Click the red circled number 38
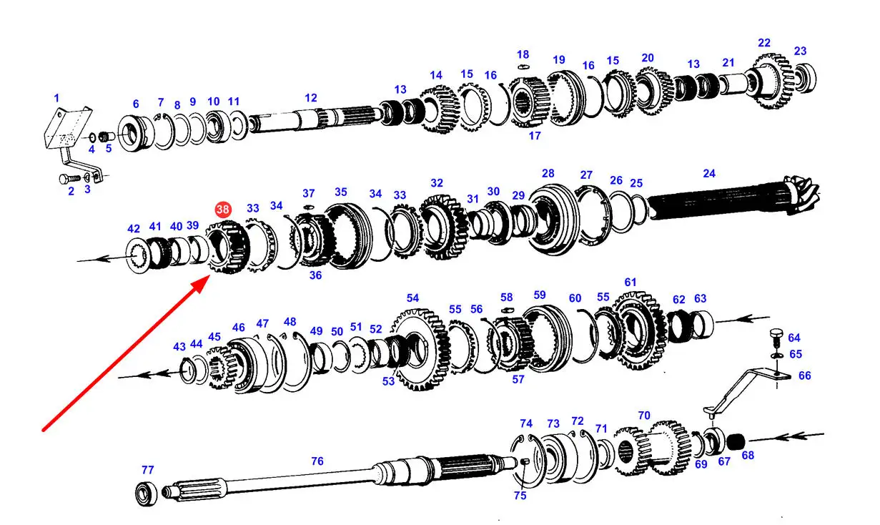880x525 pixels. pos(223,210)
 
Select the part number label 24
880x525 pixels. pos(709,173)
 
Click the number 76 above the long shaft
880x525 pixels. pos(317,461)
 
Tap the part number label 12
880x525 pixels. pos(310,98)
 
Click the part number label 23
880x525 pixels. pos(800,51)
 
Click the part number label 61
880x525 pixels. pos(630,283)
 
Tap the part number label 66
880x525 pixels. pos(805,375)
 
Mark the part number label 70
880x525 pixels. pos(644,416)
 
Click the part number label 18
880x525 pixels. pos(523,54)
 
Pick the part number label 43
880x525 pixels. pos(179,347)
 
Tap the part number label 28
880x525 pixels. pos(548,174)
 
